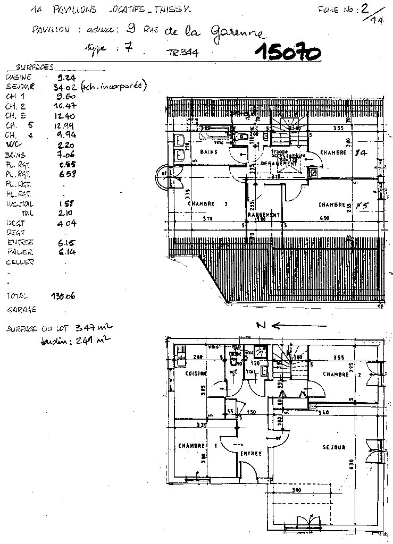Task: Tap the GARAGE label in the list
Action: pyautogui.click(x=21, y=309)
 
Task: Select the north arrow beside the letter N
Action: pyautogui.click(x=282, y=326)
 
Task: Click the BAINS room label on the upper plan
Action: pyautogui.click(x=208, y=152)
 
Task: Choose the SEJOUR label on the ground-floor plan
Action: pyautogui.click(x=333, y=447)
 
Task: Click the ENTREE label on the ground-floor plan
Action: pyautogui.click(x=250, y=454)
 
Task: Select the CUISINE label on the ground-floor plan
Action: pyautogui.click(x=196, y=374)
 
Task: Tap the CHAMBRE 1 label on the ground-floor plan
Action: pyautogui.click(x=197, y=446)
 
